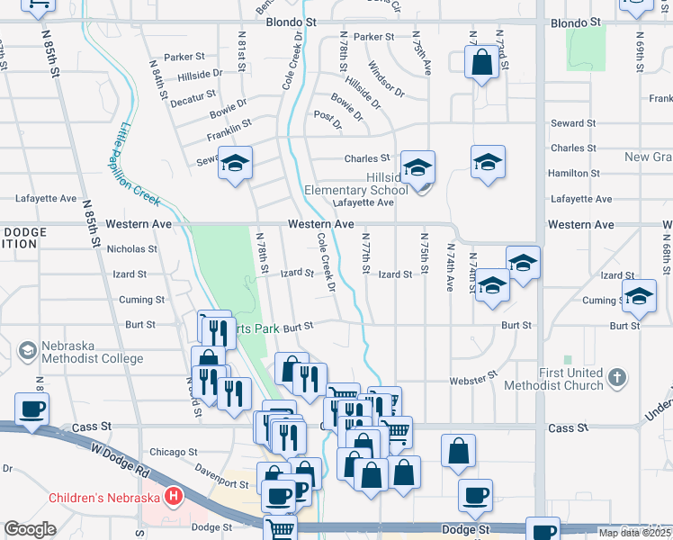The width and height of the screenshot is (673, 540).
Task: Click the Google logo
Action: (30, 529)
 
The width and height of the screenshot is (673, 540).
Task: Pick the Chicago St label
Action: (173, 452)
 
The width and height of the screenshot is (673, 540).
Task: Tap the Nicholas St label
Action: (132, 248)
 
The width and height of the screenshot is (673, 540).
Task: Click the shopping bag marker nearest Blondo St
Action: (481, 63)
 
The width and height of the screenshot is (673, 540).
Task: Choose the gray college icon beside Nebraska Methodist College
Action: (27, 349)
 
